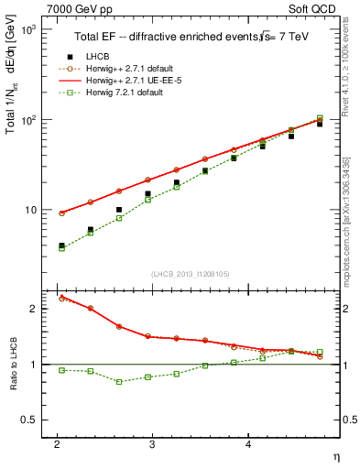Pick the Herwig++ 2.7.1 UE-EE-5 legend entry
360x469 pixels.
[128, 80]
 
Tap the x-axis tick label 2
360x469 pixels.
[57, 444]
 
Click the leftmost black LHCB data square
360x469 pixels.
[62, 245]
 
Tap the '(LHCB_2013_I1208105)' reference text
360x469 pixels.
[191, 274]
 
